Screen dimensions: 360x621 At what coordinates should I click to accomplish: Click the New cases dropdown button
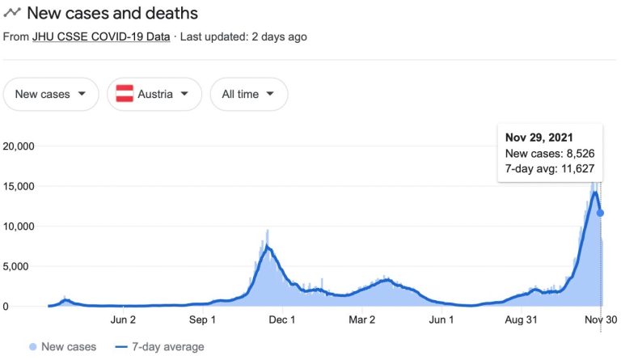click(x=51, y=94)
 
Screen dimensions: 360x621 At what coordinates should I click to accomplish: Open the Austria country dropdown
click(x=154, y=94)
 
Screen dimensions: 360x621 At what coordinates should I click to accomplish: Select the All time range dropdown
click(x=249, y=94)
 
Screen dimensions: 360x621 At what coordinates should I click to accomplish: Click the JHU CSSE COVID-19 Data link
click(x=101, y=36)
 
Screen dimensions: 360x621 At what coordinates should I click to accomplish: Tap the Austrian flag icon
click(x=125, y=94)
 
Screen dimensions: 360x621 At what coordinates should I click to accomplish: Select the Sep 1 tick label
click(x=202, y=320)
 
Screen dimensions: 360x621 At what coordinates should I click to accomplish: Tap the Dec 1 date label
click(x=282, y=320)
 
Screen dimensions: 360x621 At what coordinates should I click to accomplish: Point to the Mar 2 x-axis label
click(x=361, y=320)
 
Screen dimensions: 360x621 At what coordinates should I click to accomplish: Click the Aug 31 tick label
click(x=521, y=320)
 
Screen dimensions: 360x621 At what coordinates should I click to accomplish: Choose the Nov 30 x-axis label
click(x=600, y=320)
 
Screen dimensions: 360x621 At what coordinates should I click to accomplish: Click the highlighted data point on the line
click(x=601, y=213)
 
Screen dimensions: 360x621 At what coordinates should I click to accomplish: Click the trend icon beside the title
click(x=12, y=14)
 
